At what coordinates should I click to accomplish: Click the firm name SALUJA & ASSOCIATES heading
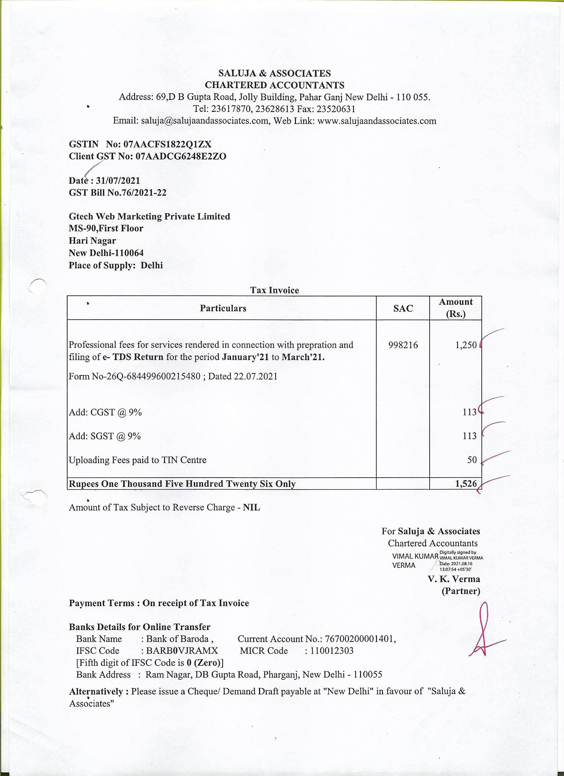[x=274, y=73]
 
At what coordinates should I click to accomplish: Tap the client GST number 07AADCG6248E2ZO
[x=181, y=156]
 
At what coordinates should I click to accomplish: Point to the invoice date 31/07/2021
[x=118, y=181]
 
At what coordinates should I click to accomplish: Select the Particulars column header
[x=223, y=308]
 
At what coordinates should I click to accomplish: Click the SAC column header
[x=403, y=308]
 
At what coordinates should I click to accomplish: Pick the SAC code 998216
[x=403, y=345]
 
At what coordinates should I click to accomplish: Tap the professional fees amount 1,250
[x=465, y=345]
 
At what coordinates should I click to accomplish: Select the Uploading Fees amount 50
[x=472, y=460]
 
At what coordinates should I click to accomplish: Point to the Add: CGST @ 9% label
[x=106, y=412]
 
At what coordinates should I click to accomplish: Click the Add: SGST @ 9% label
[x=105, y=436]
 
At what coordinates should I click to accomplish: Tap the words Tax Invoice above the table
[x=274, y=290]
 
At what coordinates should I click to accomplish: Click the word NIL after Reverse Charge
[x=251, y=507]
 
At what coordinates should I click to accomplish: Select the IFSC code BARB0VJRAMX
[x=182, y=651]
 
